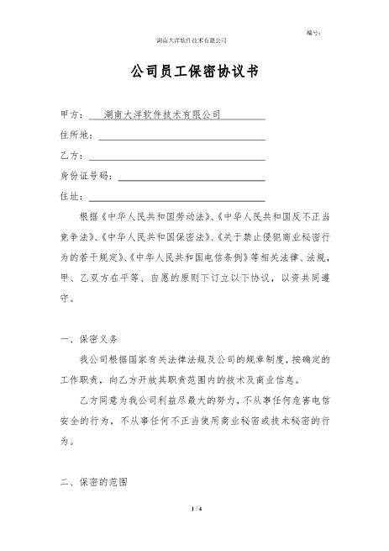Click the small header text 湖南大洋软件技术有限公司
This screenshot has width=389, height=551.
pyautogui.click(x=192, y=40)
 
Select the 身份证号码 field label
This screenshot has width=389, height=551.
pyautogui.click(x=87, y=177)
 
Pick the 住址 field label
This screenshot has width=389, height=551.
pyautogui.click(x=71, y=197)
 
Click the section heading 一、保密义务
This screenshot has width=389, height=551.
pyautogui.click(x=95, y=339)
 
